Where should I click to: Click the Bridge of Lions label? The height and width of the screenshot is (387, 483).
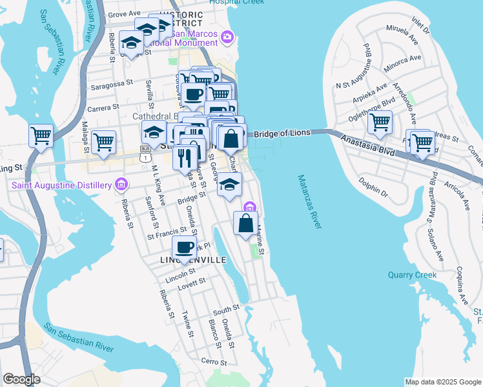click(x=283, y=134)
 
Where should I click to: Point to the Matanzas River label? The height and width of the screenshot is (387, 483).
click(x=311, y=201)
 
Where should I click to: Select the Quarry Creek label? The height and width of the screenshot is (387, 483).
click(x=412, y=275)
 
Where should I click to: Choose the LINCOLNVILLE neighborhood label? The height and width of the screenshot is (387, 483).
click(x=193, y=260)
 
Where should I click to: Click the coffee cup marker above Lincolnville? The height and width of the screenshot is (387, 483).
click(x=185, y=247)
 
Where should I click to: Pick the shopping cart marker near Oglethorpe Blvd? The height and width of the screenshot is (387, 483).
click(x=380, y=121)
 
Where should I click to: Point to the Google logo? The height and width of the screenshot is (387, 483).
click(x=21, y=379)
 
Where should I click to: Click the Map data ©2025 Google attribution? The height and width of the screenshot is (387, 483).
click(x=443, y=382)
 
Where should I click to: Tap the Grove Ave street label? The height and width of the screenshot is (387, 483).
click(x=124, y=14)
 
